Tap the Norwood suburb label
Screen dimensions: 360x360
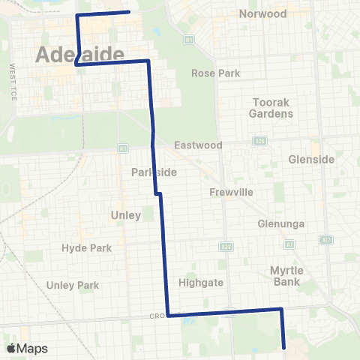(262, 14)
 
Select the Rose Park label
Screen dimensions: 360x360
(215, 73)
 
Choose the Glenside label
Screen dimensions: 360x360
(310, 159)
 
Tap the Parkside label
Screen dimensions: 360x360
(154, 172)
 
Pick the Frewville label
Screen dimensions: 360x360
(232, 193)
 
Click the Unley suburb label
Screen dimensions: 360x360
(126, 215)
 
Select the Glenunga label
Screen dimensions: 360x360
(278, 223)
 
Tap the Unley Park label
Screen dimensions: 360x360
(73, 285)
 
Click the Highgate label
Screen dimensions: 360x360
(198, 283)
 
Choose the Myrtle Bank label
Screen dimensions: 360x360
(285, 275)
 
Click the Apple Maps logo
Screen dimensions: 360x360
(27, 349)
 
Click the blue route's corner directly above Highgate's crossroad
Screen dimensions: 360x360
(168, 316)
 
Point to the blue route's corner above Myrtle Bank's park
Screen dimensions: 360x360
(281, 309)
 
